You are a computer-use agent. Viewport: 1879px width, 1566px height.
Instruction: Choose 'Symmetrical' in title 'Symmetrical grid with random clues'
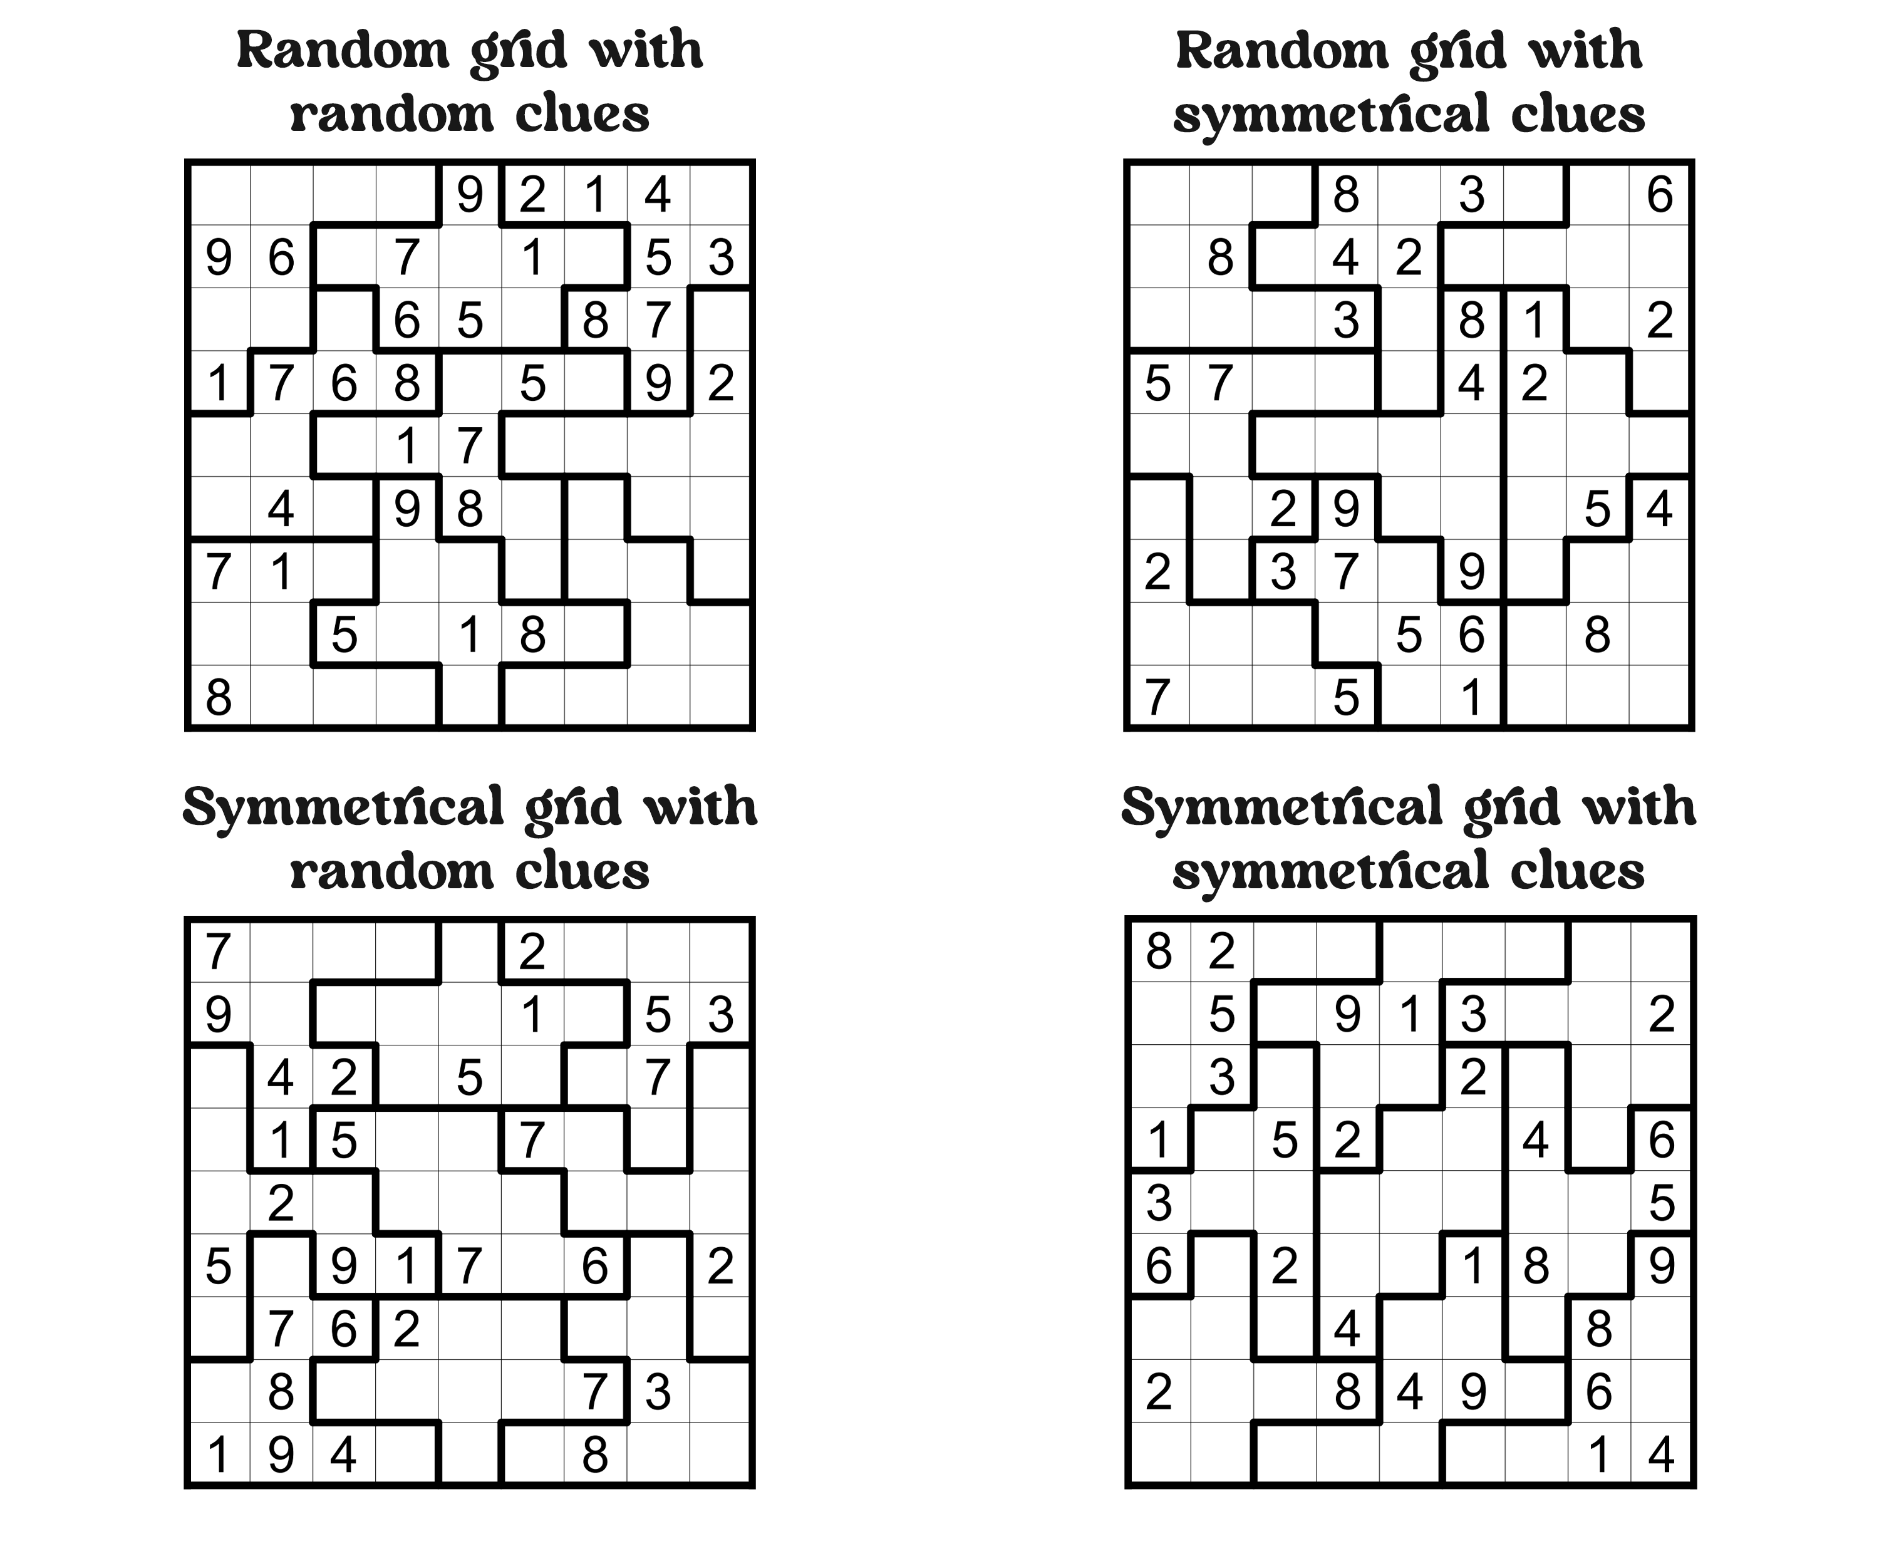click(344, 808)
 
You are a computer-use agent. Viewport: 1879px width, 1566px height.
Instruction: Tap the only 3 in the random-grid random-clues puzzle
click(720, 257)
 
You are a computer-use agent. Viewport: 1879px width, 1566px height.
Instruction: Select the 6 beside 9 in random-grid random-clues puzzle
click(281, 257)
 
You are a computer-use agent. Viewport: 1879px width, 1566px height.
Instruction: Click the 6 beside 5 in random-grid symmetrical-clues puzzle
click(1472, 635)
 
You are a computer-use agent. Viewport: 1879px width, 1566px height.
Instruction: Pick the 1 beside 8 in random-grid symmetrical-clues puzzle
click(1535, 320)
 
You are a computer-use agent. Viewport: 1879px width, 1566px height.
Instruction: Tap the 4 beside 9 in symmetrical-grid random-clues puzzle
click(344, 1455)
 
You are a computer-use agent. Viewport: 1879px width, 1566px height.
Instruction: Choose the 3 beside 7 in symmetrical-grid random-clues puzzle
click(658, 1392)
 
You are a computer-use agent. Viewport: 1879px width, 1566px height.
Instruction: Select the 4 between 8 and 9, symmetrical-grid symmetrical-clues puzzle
click(1409, 1392)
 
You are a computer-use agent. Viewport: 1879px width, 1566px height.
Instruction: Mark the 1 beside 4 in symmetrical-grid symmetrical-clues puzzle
click(1598, 1455)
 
